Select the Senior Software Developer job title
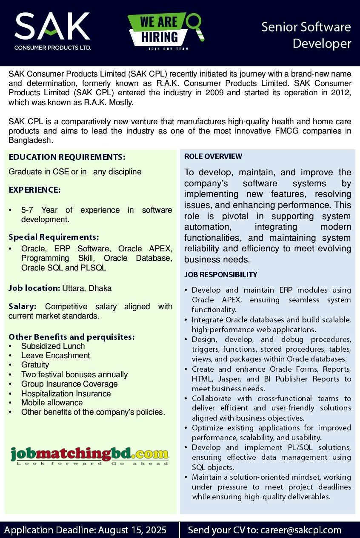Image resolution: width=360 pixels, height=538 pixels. click(x=306, y=35)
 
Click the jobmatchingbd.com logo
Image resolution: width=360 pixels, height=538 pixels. click(x=90, y=455)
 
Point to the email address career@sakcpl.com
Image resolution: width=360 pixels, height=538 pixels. click(x=301, y=530)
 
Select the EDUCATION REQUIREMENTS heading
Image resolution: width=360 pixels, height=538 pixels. click(x=67, y=157)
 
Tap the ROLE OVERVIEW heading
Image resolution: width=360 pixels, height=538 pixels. click(x=213, y=157)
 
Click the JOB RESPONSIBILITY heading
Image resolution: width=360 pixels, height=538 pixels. click(x=221, y=275)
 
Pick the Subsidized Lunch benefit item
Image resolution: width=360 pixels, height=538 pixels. click(x=53, y=346)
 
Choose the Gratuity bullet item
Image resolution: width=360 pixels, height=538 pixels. click(x=35, y=365)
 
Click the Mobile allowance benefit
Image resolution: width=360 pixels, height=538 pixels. click(x=52, y=402)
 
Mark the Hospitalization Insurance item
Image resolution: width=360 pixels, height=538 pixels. click(x=66, y=393)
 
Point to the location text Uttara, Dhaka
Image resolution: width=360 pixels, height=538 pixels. click(x=87, y=288)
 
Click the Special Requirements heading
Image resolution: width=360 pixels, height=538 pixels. click(x=54, y=237)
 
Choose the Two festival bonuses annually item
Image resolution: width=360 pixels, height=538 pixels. click(x=74, y=375)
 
